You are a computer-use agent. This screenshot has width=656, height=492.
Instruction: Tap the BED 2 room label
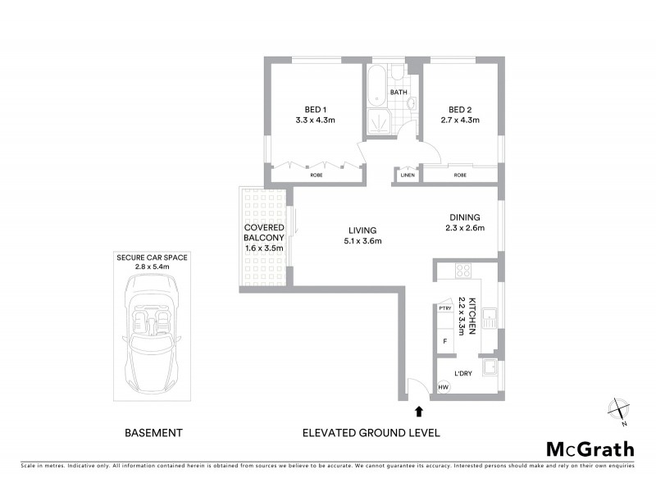[x=458, y=109]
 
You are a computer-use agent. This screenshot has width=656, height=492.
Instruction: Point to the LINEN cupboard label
[x=408, y=175]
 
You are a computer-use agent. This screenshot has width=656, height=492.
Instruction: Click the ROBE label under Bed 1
[x=316, y=175]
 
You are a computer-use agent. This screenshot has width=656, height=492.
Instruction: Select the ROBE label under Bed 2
[x=460, y=175]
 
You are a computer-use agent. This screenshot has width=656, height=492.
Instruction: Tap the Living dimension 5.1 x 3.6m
[x=363, y=241]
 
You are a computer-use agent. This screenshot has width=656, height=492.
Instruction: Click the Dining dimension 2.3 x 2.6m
[x=465, y=228]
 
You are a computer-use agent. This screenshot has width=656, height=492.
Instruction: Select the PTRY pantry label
[x=445, y=308]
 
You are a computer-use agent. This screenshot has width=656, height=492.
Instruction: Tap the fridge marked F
[x=444, y=339]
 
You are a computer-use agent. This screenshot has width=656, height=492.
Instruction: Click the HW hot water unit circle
[x=444, y=387]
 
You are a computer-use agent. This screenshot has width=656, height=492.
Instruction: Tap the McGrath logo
[x=590, y=449]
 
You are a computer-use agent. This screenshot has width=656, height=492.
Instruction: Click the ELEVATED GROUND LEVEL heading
[x=371, y=432]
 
